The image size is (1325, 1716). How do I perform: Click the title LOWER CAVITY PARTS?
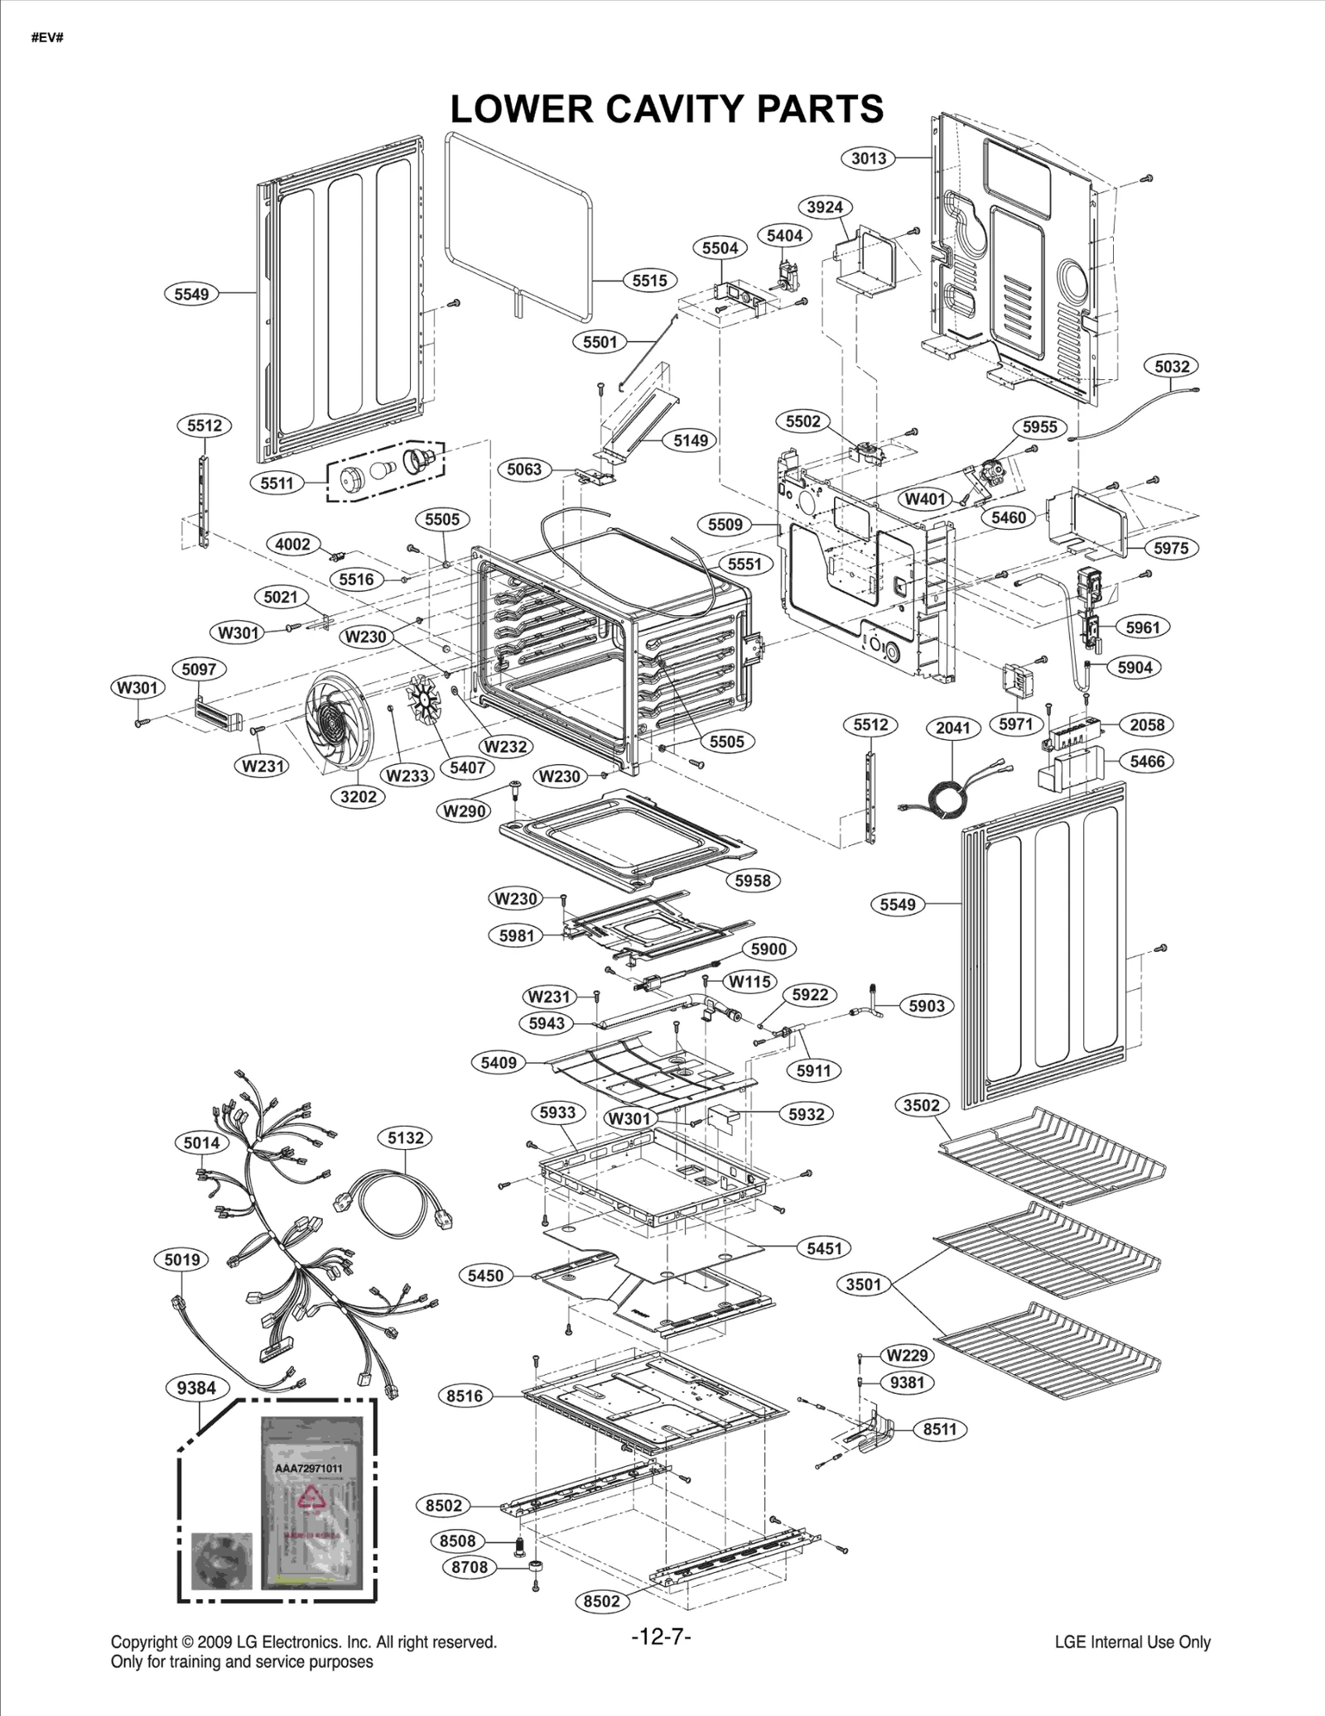pos(666,108)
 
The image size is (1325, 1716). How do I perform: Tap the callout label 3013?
pos(869,158)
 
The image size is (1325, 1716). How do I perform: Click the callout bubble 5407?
pos(467,767)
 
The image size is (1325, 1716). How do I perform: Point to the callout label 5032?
pos(1172,366)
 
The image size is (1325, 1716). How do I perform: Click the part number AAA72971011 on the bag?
pos(308,1468)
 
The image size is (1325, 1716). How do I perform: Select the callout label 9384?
pos(196,1388)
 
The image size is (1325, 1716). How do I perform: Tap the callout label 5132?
pos(406,1137)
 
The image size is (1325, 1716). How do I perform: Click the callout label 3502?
pos(921,1105)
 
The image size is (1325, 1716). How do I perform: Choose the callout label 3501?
pos(863,1284)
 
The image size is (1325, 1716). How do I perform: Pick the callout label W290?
pos(464,810)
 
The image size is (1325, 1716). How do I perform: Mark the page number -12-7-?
pos(661,1637)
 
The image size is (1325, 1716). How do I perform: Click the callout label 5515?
pos(649,281)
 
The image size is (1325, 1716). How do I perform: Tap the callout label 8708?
pos(470,1566)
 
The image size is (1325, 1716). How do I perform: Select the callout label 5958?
pos(753,880)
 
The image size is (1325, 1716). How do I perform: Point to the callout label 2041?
pos(952,728)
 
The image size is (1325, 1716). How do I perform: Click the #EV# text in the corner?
pos(47,38)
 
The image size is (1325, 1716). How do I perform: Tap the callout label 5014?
pos(201,1143)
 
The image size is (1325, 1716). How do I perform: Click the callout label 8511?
pos(940,1429)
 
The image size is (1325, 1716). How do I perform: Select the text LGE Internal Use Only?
pos(1132,1642)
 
